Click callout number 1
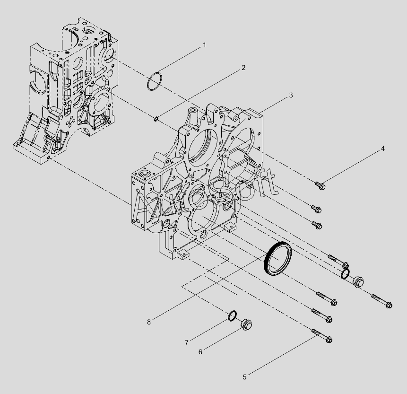(204, 45)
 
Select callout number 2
(243, 68)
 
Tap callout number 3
(291, 96)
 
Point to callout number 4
(382, 149)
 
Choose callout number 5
(244, 377)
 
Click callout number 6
(200, 352)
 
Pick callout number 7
(186, 343)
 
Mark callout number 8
(149, 322)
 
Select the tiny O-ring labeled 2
(156, 119)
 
